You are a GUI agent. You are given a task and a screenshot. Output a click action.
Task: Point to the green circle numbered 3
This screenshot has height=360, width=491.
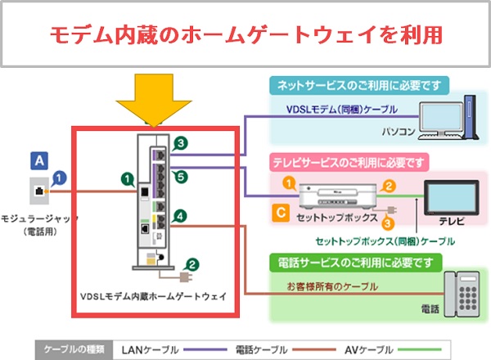(180, 144)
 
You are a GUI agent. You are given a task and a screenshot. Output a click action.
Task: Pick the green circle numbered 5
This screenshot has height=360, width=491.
(180, 175)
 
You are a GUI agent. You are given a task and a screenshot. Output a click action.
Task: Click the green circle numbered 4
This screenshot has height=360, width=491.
(180, 215)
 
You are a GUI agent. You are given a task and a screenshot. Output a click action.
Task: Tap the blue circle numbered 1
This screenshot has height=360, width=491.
(59, 176)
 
